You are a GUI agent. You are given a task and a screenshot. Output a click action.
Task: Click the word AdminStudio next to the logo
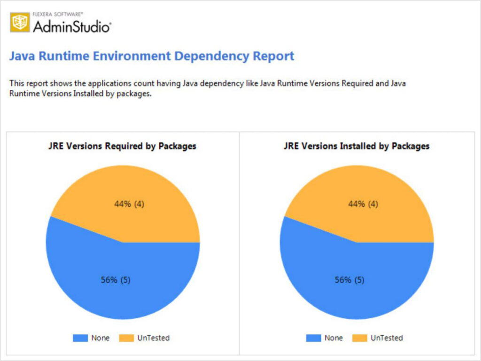point(72,26)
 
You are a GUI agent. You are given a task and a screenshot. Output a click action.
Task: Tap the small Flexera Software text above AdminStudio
point(58,15)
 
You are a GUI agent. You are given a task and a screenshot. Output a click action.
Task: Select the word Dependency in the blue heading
point(212,56)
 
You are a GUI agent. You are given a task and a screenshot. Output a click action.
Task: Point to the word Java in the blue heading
point(22,56)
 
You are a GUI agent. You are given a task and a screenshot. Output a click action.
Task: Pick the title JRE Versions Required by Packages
point(122,146)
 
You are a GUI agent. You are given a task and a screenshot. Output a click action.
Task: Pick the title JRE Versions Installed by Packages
point(357,146)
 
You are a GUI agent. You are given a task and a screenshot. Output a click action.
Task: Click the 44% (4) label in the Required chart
point(129,204)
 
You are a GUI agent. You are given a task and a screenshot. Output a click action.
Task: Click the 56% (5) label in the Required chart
point(116,280)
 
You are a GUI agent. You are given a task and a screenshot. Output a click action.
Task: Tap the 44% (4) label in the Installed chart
point(363,204)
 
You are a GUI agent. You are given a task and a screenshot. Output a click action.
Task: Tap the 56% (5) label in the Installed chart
point(349,280)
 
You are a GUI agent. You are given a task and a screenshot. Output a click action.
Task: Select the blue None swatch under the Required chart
point(80,337)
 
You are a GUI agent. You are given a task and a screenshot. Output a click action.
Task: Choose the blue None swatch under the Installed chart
point(314,337)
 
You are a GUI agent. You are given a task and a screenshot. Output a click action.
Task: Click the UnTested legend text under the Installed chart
point(387,337)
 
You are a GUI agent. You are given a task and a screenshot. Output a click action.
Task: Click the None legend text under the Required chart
point(101,337)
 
